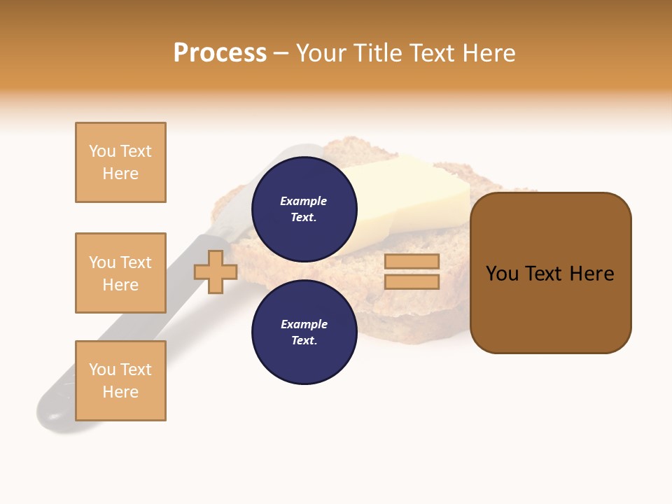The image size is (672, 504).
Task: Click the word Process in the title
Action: (220, 53)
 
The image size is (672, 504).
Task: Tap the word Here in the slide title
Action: (486, 53)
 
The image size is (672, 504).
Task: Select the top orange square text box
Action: (120, 162)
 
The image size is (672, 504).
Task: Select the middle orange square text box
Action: (120, 273)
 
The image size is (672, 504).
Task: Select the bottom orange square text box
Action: (120, 381)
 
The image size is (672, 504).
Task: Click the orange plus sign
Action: (216, 272)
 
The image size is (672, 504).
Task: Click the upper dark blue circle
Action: (304, 209)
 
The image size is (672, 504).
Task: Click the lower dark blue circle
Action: (304, 332)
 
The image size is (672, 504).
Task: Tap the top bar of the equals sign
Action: (412, 261)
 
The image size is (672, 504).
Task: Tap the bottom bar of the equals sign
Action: (412, 281)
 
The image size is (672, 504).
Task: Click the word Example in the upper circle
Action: (304, 202)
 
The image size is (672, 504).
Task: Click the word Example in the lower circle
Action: (304, 325)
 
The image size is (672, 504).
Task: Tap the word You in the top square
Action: (101, 151)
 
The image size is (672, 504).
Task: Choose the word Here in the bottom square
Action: (120, 392)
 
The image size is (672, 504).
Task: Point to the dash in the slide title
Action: (281, 54)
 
